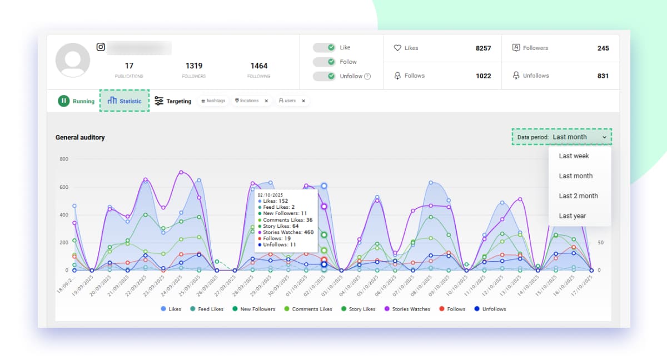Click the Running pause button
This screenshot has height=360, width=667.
coord(64,101)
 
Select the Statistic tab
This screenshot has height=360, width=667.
coord(125,101)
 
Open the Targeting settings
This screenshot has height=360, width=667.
coord(172,101)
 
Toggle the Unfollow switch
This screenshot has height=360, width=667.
coord(323,76)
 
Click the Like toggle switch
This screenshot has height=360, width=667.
coord(323,48)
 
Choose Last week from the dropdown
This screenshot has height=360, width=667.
coord(574,156)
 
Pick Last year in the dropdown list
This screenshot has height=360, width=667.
coord(572,216)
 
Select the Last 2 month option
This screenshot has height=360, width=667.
coord(578,196)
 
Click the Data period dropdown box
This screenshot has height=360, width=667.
coord(561,137)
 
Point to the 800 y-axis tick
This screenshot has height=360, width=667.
coord(63,159)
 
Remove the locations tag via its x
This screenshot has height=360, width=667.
coord(266,101)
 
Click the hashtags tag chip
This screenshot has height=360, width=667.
coord(213,101)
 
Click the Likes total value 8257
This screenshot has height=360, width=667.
coord(483,48)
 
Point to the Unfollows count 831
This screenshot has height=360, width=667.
coord(603,76)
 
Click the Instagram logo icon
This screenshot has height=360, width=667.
coord(101,47)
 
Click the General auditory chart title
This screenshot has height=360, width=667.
coord(79,137)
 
